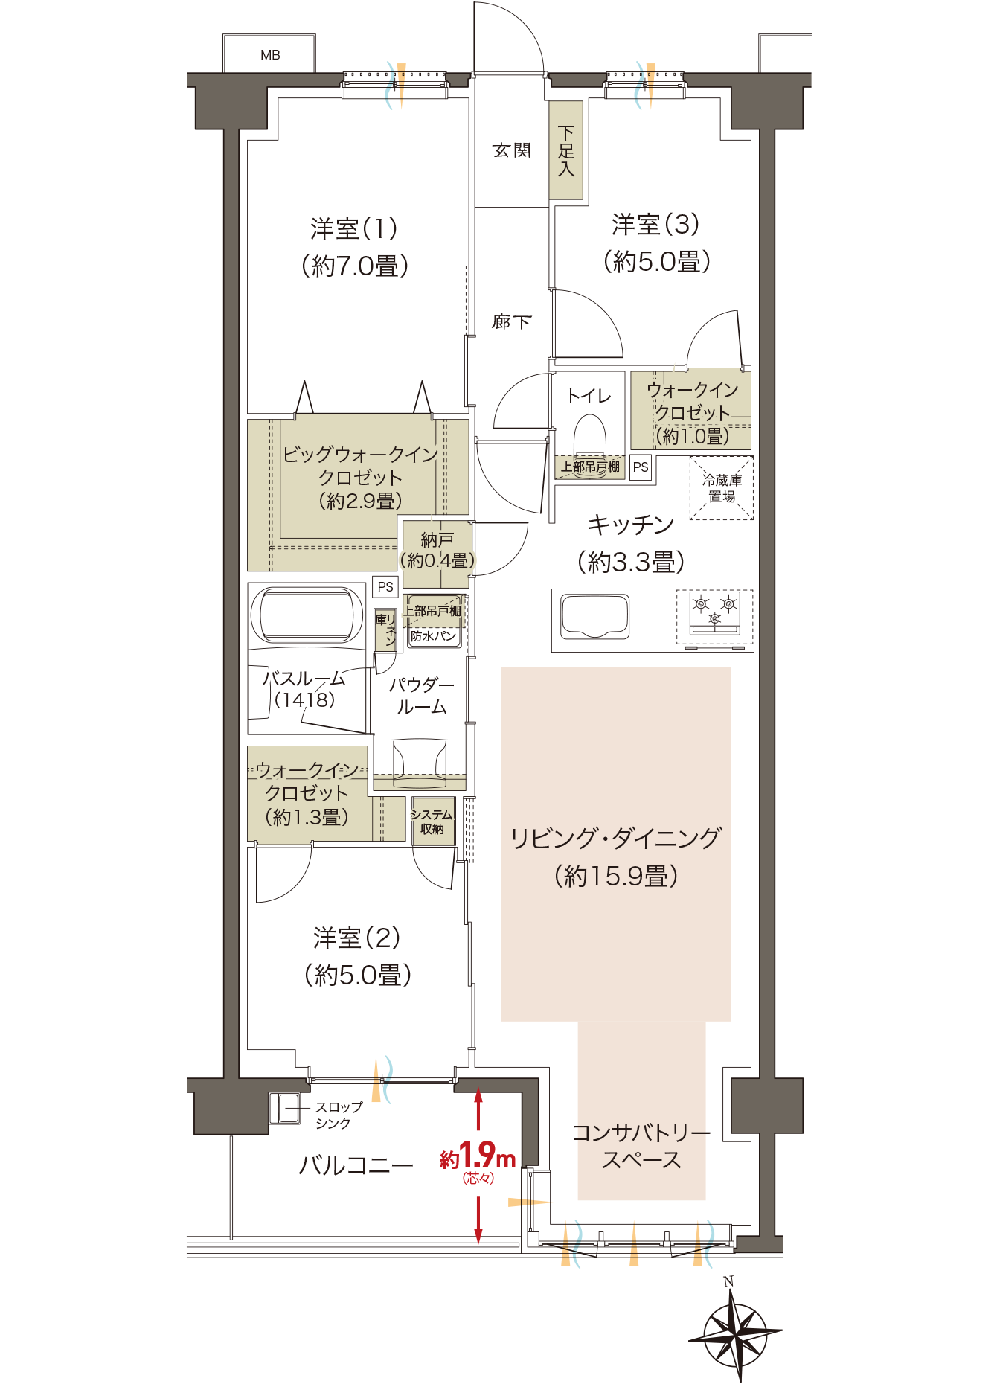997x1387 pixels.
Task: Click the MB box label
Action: coord(270,55)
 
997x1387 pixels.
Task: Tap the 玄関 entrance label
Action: coord(512,150)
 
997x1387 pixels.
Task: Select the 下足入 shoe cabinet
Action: coord(565,150)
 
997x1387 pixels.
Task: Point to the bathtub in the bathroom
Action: coord(307,615)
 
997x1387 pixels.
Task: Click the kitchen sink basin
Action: coord(594,616)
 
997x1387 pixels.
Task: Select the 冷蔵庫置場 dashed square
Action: coord(722,488)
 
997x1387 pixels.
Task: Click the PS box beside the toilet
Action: coord(641,467)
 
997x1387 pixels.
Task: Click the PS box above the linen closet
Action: coord(385,586)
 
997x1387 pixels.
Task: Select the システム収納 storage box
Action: coord(432,821)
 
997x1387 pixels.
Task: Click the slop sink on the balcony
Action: coord(285,1108)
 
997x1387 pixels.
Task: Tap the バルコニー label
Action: coord(356,1165)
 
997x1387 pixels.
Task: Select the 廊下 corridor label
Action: coord(512,321)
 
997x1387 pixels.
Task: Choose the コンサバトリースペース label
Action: coord(641,1146)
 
